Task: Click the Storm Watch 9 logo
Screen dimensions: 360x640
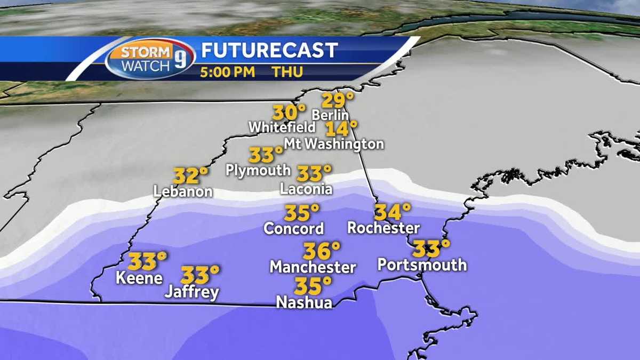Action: click(x=150, y=58)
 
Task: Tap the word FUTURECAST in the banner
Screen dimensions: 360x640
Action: click(x=269, y=50)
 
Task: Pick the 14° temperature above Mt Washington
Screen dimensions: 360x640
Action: click(x=341, y=129)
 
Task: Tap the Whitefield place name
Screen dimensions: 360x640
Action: click(x=282, y=128)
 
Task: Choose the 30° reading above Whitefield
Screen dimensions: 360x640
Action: click(x=289, y=113)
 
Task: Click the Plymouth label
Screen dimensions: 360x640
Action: click(x=258, y=170)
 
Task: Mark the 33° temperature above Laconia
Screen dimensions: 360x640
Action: click(x=314, y=173)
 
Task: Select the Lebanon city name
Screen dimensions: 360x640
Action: click(x=183, y=191)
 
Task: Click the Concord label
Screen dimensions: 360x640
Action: click(x=294, y=229)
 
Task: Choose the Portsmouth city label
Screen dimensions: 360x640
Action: click(x=422, y=265)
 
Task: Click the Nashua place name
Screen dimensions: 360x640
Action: click(x=304, y=302)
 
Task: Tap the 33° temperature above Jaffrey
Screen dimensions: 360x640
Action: click(x=200, y=275)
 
